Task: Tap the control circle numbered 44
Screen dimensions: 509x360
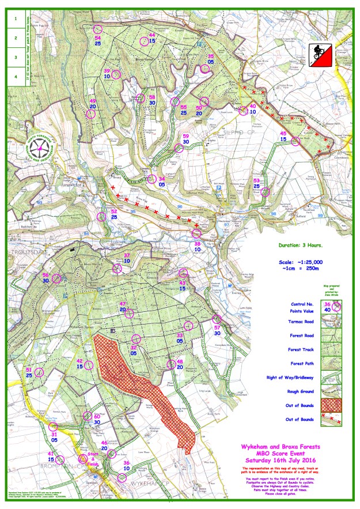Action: (x=144, y=41)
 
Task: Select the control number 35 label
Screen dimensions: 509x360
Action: (x=211, y=56)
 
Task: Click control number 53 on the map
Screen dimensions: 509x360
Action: (x=265, y=192)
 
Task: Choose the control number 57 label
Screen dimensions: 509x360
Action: (x=217, y=327)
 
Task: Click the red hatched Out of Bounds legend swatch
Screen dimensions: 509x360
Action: (x=329, y=405)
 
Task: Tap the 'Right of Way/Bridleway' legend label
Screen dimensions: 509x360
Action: (x=294, y=379)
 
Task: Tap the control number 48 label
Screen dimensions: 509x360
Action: (x=180, y=361)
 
